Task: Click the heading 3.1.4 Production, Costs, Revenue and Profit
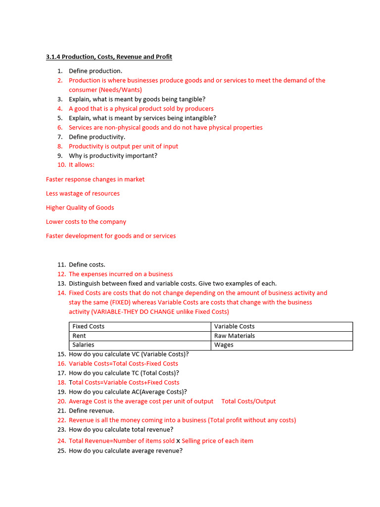coord(109,57)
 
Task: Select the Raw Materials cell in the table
coord(235,336)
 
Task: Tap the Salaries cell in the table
coord(83,345)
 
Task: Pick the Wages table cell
coord(224,345)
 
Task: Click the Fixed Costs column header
coord(89,326)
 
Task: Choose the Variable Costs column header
coord(235,326)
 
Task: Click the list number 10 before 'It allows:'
coord(61,165)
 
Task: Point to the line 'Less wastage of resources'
coord(83,194)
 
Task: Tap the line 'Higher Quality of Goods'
coord(80,207)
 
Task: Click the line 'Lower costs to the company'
coord(86,222)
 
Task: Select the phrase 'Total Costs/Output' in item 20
coord(248,402)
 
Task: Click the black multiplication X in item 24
coord(178,441)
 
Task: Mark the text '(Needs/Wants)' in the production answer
coord(120,90)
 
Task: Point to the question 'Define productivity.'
coord(97,137)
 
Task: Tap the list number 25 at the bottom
coord(61,451)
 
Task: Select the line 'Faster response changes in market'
coord(95,179)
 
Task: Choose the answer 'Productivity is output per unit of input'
coord(123,147)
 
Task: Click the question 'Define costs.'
coord(87,265)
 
